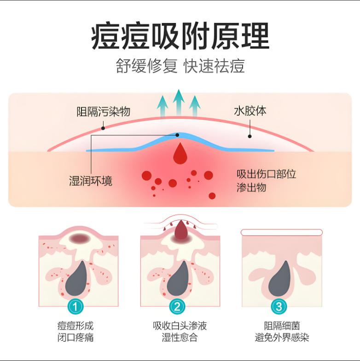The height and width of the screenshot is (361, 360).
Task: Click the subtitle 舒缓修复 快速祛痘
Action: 180,66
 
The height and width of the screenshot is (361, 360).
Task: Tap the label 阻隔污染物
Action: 104,111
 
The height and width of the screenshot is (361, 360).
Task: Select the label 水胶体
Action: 250,111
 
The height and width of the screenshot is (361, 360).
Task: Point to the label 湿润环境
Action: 90,180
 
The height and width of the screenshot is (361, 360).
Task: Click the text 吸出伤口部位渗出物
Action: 266,181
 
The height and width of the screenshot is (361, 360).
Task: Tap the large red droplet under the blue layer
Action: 180,154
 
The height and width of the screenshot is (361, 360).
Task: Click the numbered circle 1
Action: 75,306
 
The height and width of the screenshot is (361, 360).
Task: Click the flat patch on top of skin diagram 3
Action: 282,232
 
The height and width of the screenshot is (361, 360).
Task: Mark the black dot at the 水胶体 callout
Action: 250,136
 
